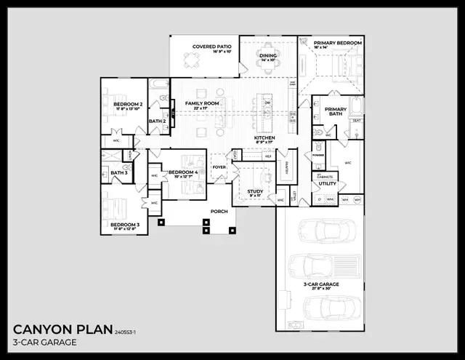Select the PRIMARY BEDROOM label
coord(337,44)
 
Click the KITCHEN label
coord(264,137)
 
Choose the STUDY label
coord(254,191)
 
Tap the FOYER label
coord(219,167)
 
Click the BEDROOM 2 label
coord(127,105)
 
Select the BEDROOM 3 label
coord(125,225)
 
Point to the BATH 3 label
coord(119,172)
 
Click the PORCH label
coord(219,212)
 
